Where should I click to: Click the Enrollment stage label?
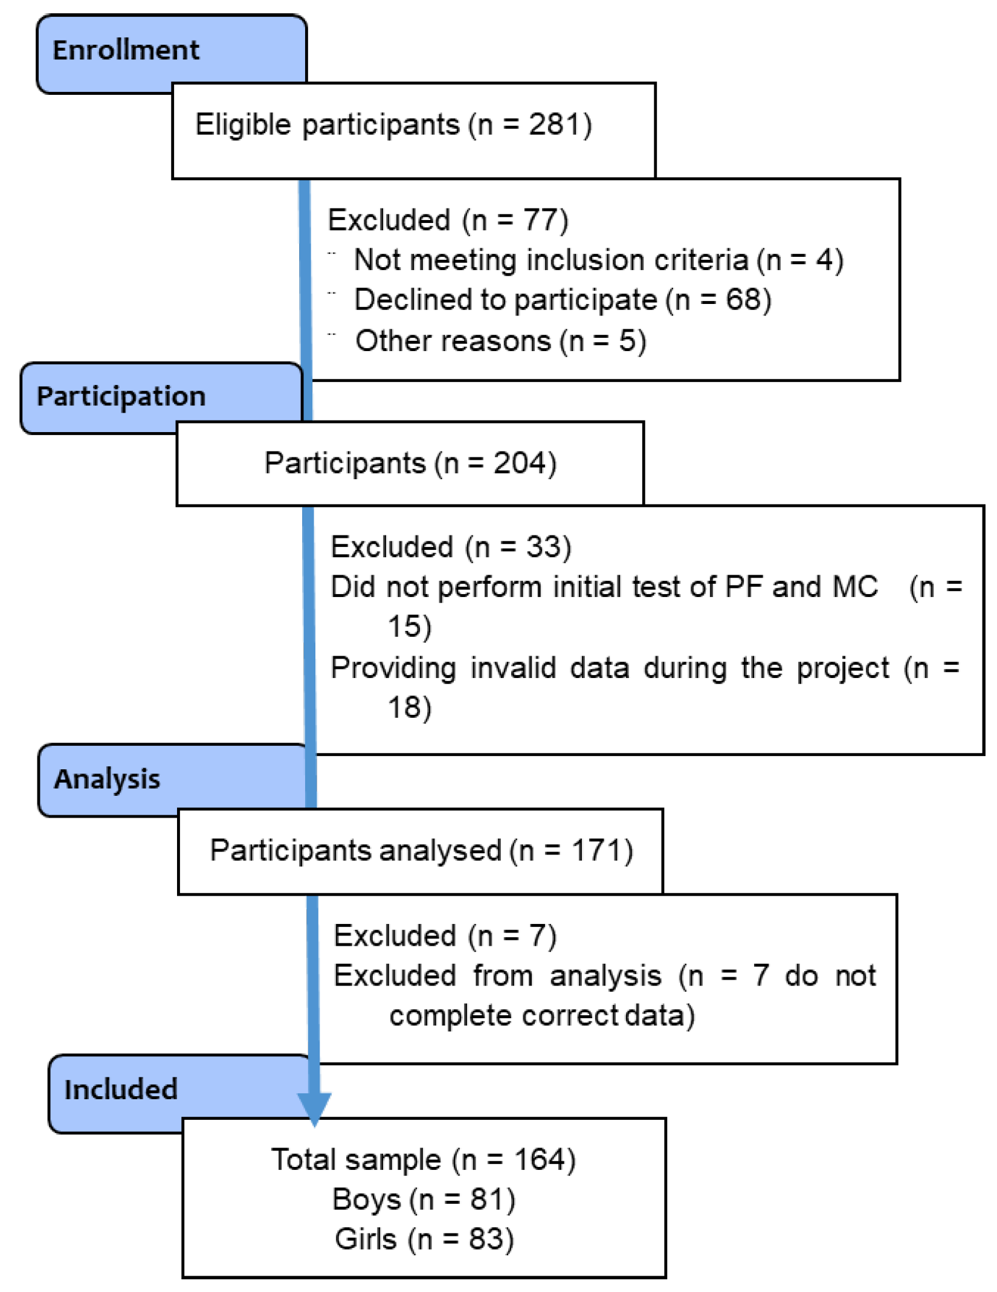(126, 50)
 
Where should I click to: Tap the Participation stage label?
(121, 396)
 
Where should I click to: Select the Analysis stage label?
(107, 779)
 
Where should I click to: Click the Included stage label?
(121, 1090)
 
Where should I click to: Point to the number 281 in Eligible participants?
(552, 124)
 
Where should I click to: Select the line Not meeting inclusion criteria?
(598, 260)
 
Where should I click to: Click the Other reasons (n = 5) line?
(500, 341)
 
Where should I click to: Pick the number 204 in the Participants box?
(520, 464)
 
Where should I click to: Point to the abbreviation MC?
(854, 587)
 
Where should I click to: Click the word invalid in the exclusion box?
(513, 668)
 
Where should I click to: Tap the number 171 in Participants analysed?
(596, 851)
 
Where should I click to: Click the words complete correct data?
(541, 1016)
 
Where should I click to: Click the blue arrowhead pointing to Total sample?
(314, 1107)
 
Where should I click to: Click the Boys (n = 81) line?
(424, 1200)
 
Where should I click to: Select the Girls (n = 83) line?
(424, 1239)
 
